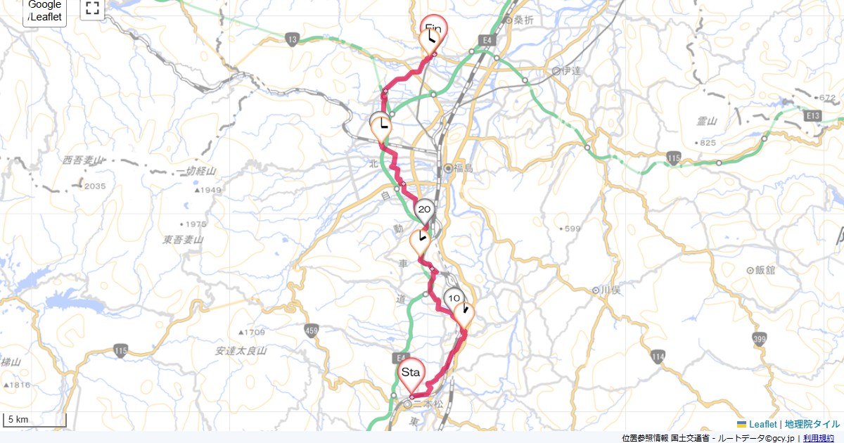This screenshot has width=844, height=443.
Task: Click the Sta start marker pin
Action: pyautogui.click(x=411, y=373)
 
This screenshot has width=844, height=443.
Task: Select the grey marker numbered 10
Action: pyautogui.click(x=454, y=298)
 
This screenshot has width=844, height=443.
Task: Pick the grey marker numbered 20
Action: pyautogui.click(x=424, y=209)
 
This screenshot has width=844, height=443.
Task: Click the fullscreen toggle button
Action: pyautogui.click(x=92, y=8)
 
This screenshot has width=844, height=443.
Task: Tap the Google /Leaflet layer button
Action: pyautogui.click(x=45, y=11)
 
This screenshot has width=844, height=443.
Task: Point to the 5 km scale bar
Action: pyautogui.click(x=34, y=420)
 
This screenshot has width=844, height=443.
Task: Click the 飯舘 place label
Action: pyautogui.click(x=764, y=269)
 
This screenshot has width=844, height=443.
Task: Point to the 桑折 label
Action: pyautogui.click(x=523, y=20)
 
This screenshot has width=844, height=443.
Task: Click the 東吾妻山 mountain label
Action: pyautogui.click(x=183, y=240)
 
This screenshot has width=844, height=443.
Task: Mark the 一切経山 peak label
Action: pyautogui.click(x=196, y=172)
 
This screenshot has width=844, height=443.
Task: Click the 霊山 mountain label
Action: pyautogui.click(x=707, y=122)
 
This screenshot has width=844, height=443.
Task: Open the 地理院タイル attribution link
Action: pyautogui.click(x=812, y=424)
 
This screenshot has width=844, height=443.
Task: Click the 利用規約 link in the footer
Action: pyautogui.click(x=819, y=438)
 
